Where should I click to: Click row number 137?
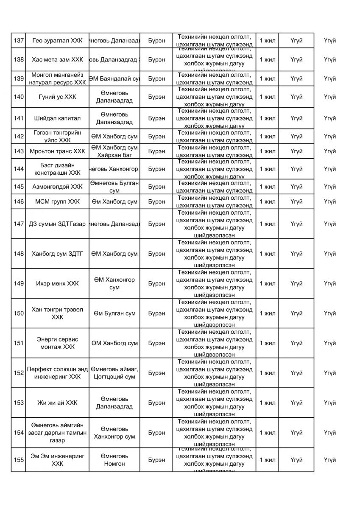coord(18,41)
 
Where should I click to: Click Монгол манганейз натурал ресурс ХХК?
coord(57,78)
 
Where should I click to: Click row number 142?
coord(18,136)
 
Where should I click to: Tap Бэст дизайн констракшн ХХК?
coord(57,169)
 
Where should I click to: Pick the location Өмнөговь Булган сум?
coord(114,187)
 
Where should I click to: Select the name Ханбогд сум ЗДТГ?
coord(57,254)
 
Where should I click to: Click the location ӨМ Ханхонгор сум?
coord(114,283)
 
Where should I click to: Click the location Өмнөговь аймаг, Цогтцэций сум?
coord(114,373)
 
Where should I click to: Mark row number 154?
coord(18,433)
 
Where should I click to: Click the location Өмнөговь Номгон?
coord(114,460)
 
